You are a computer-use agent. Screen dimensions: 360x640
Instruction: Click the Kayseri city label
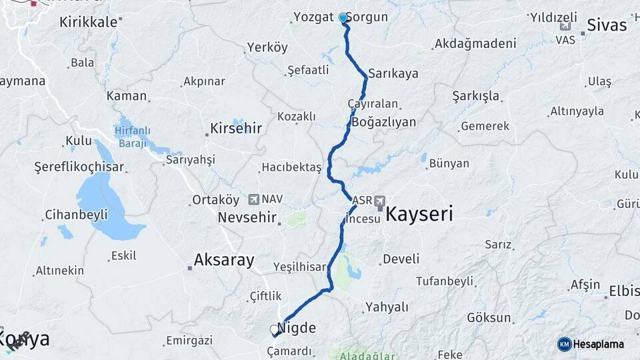pyautogui.click(x=419, y=214)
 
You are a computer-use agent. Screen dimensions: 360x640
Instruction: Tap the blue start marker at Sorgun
pyautogui.click(x=343, y=18)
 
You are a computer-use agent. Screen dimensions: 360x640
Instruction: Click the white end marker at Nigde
pyautogui.click(x=274, y=329)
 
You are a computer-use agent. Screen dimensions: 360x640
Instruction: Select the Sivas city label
pyautogui.click(x=607, y=25)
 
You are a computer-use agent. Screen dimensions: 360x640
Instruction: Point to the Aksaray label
pyautogui.click(x=223, y=260)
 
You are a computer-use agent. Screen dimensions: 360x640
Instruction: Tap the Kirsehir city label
pyautogui.click(x=235, y=127)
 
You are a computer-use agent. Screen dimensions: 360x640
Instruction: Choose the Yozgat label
pyautogui.click(x=313, y=17)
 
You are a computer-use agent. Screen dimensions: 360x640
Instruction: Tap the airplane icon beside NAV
pyautogui.click(x=253, y=199)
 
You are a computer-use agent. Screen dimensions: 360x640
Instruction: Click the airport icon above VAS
pyautogui.click(x=566, y=27)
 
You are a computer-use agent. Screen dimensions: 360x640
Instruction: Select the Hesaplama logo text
pyautogui.click(x=599, y=344)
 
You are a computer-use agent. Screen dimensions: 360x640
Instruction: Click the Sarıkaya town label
pyautogui.click(x=393, y=73)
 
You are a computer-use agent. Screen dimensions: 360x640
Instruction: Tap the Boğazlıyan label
pyautogui.click(x=383, y=122)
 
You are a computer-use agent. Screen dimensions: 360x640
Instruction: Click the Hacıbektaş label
pyautogui.click(x=291, y=167)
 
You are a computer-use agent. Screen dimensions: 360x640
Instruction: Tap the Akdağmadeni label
pyautogui.click(x=475, y=44)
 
